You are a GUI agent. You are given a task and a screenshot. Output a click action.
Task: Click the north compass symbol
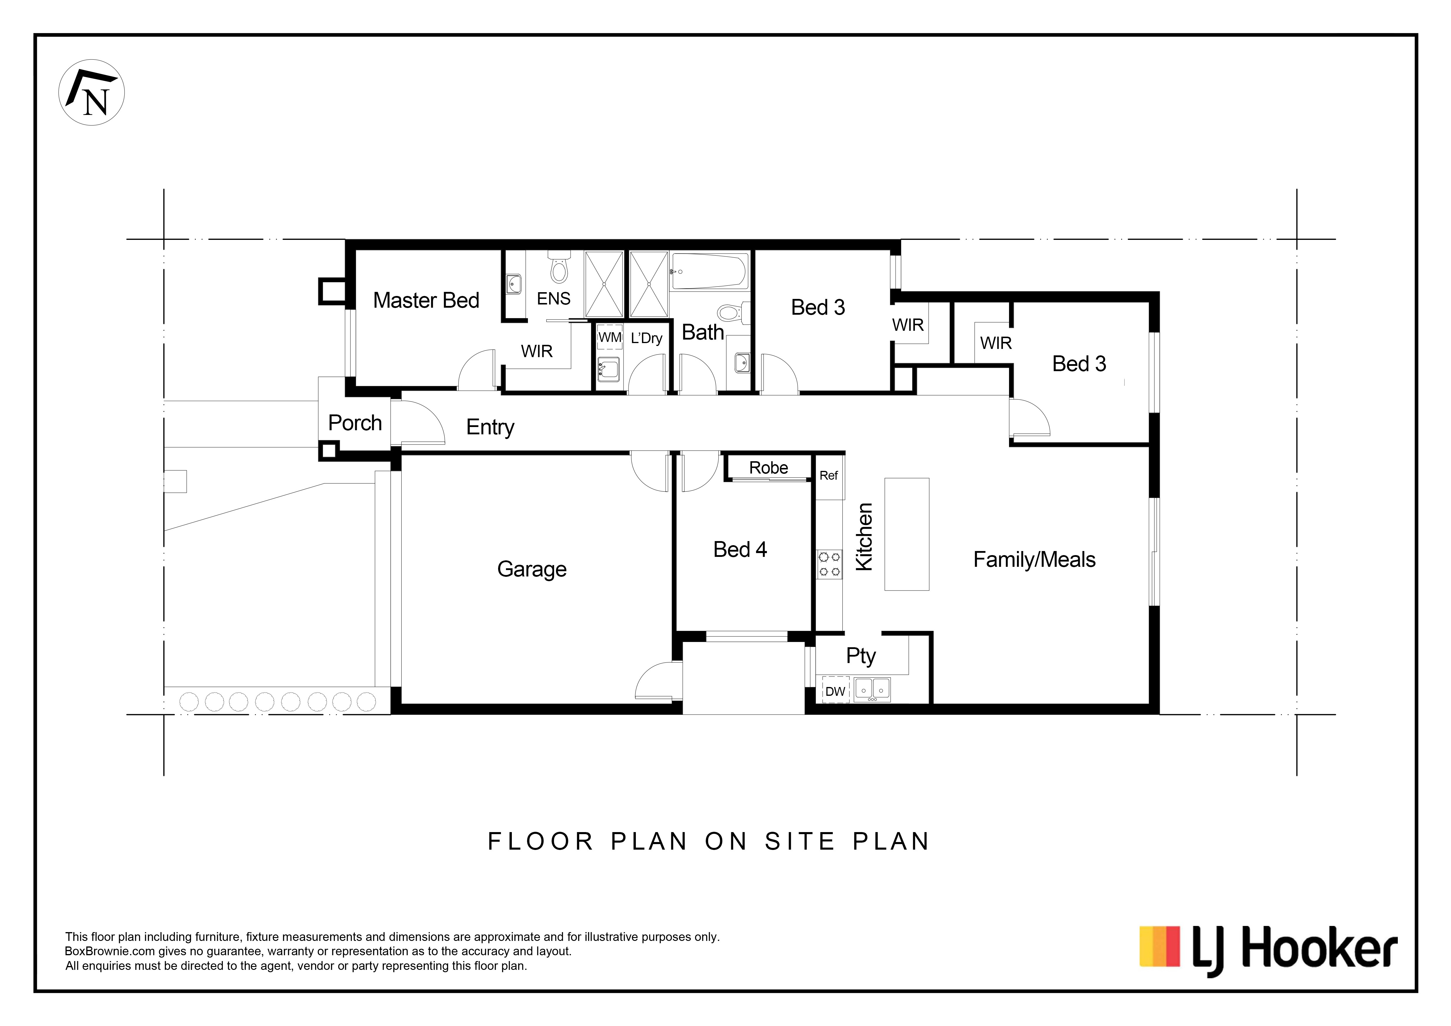[92, 92]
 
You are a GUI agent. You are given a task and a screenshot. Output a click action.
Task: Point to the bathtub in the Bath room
[709, 271]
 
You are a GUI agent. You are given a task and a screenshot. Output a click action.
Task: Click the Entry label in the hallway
[490, 428]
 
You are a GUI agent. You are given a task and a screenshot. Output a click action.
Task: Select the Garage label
[532, 569]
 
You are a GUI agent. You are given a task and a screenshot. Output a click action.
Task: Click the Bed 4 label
[740, 550]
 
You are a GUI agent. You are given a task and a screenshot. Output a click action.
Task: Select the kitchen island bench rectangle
[907, 534]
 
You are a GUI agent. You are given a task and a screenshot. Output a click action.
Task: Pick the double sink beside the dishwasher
[873, 690]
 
